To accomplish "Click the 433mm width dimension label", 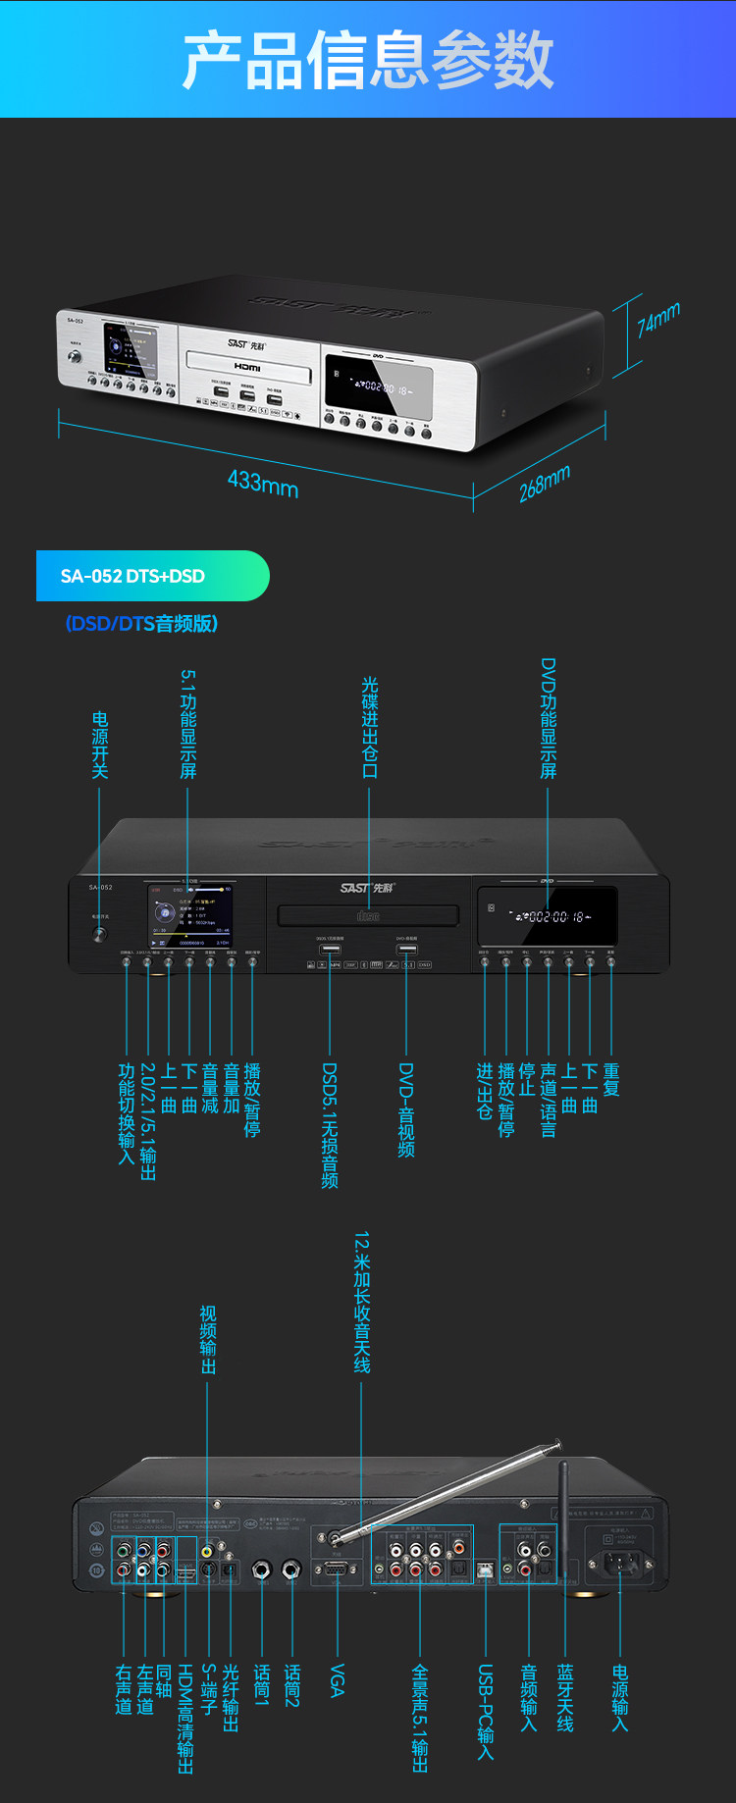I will tap(263, 483).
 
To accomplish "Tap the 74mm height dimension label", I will tap(657, 319).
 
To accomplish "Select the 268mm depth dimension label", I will tap(544, 484).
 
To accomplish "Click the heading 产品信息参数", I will tap(368, 59).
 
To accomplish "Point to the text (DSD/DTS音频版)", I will tap(142, 623).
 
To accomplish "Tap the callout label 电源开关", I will tap(99, 746).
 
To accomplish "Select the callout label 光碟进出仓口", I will tap(369, 727).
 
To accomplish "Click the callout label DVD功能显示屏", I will tap(548, 718).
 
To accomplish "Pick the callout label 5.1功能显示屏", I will tap(187, 724).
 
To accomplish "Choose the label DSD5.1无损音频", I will tap(330, 1125).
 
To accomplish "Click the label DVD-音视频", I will tap(406, 1109).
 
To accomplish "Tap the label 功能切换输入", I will tap(126, 1113).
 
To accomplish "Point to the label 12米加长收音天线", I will tap(361, 1302).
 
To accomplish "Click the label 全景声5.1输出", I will tap(419, 1718).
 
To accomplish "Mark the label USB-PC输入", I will tap(485, 1711).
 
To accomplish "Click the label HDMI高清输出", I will tap(185, 1718).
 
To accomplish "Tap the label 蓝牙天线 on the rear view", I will tap(565, 1697).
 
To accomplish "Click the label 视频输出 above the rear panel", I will tap(207, 1339).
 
